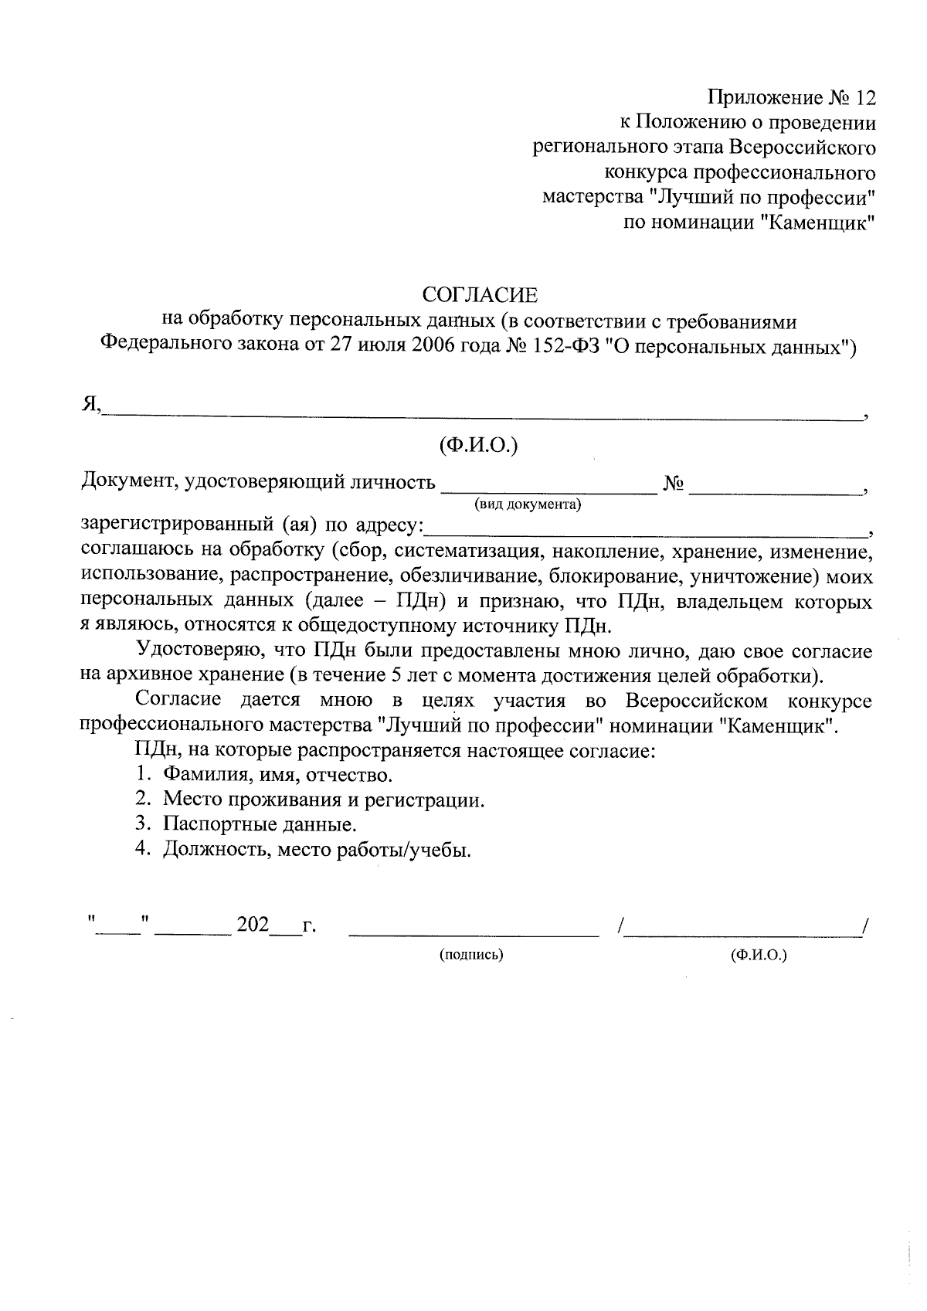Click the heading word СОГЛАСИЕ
(479, 295)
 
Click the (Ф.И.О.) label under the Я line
(478, 445)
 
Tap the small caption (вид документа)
(528, 505)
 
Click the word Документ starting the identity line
(128, 483)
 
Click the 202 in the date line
(253, 925)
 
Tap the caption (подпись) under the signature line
(471, 955)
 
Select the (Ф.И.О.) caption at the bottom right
(759, 955)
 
